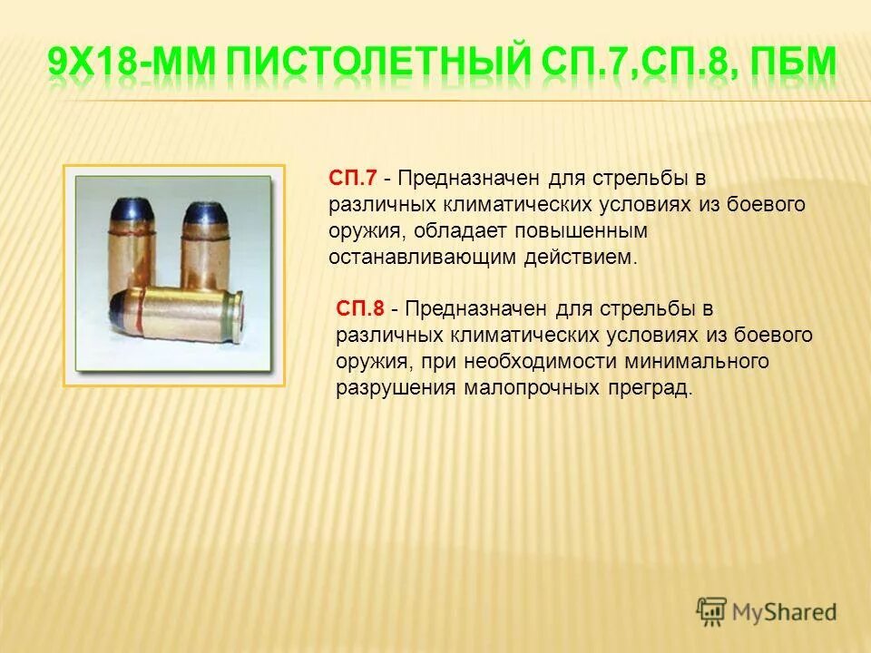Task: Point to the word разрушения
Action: (x=390, y=389)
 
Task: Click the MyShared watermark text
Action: (x=785, y=611)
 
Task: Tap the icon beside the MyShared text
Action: (x=712, y=610)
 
